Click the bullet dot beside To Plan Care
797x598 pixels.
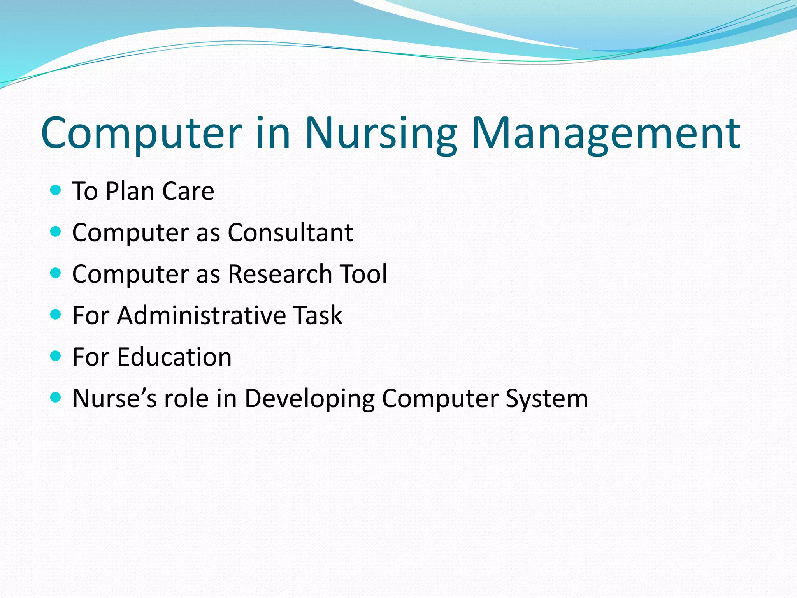click(x=56, y=190)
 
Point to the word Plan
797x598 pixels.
click(x=130, y=191)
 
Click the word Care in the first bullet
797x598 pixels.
click(x=188, y=191)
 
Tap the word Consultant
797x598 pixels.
click(x=290, y=233)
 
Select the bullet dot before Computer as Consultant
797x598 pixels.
click(x=56, y=232)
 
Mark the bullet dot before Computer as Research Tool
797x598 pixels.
click(x=56, y=273)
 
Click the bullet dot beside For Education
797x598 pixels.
click(x=56, y=356)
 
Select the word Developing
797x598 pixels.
click(x=309, y=399)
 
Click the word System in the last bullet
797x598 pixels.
click(x=547, y=399)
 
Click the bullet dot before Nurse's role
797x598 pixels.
click(x=56, y=397)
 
